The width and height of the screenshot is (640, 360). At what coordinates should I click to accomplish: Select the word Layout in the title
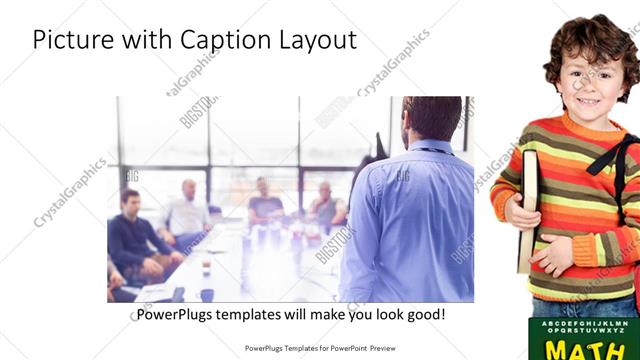pyautogui.click(x=315, y=40)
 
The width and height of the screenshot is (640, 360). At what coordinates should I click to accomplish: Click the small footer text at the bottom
pyautogui.click(x=319, y=348)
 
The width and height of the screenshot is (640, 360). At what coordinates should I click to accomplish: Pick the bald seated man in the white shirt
pyautogui.click(x=187, y=210)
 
